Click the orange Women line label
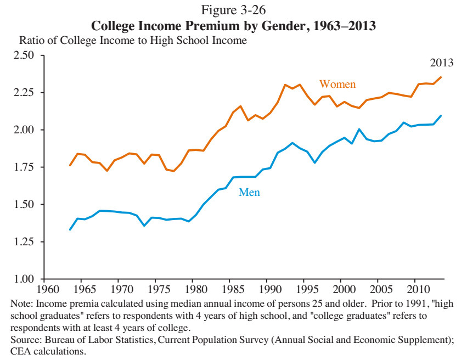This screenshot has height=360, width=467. [337, 84]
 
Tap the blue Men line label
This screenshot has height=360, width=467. [249, 193]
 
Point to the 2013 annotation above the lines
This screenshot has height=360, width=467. [442, 62]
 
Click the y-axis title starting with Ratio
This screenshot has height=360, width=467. [133, 41]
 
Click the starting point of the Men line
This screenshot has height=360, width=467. [70, 229]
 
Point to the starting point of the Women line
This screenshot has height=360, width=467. [70, 165]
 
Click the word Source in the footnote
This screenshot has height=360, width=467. [26, 340]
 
